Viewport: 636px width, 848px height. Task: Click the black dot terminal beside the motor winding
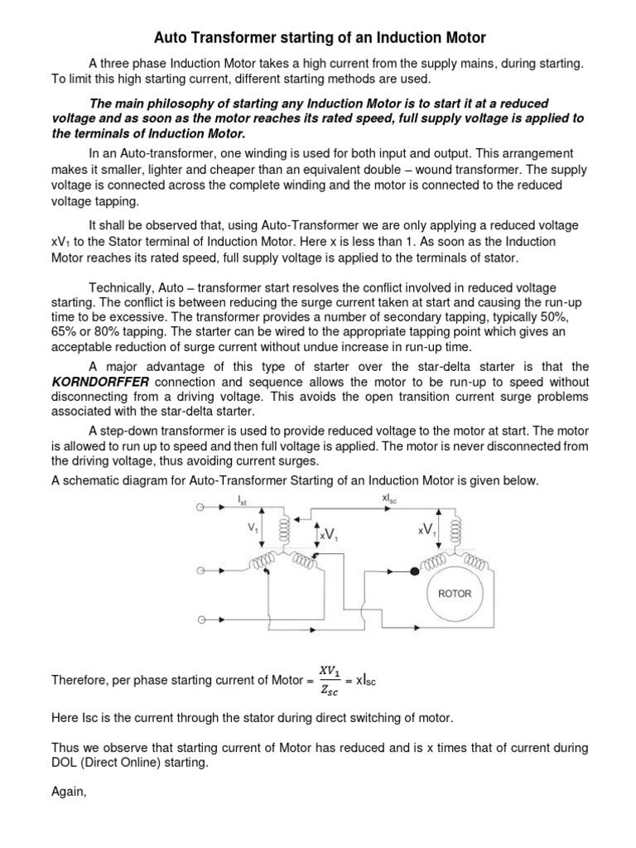pos(413,571)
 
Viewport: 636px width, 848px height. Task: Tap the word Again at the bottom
pos(69,792)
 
